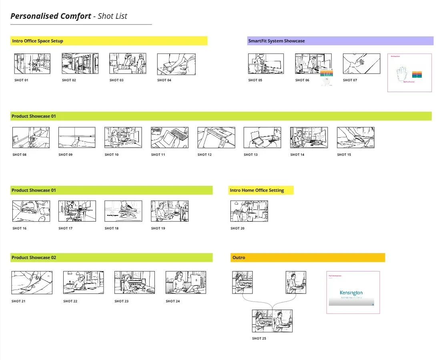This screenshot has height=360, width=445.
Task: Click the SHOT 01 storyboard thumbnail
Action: pyautogui.click(x=32, y=63)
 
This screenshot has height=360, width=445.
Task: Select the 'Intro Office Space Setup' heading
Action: pyautogui.click(x=38, y=41)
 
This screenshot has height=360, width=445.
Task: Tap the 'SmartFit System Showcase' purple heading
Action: pyautogui.click(x=277, y=41)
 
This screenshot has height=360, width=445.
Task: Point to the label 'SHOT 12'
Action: pyautogui.click(x=204, y=155)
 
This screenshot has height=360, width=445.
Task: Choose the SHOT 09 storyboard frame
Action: pyautogui.click(x=77, y=137)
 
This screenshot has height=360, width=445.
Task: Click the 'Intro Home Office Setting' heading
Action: pyautogui.click(x=257, y=190)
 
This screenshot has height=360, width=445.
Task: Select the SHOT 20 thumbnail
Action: pyautogui.click(x=249, y=211)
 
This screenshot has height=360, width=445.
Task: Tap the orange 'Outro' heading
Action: pyautogui.click(x=239, y=257)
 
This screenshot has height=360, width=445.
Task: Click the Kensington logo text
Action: pyautogui.click(x=351, y=293)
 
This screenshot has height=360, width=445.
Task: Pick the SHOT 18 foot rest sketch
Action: pyautogui.click(x=123, y=211)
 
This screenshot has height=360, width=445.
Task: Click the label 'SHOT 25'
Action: pyautogui.click(x=259, y=338)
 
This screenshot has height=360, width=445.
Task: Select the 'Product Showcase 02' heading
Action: pyautogui.click(x=34, y=257)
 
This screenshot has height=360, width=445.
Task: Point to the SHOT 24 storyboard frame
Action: pyautogui.click(x=185, y=282)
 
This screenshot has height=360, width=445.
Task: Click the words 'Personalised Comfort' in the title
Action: pyautogui.click(x=51, y=16)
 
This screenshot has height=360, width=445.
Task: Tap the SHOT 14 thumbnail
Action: pyautogui.click(x=309, y=137)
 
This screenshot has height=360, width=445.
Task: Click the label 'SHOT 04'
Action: pyautogui.click(x=164, y=80)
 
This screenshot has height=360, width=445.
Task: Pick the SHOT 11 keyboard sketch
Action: pyautogui.click(x=170, y=137)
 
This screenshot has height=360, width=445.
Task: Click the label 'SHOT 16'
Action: pyautogui.click(x=20, y=228)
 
